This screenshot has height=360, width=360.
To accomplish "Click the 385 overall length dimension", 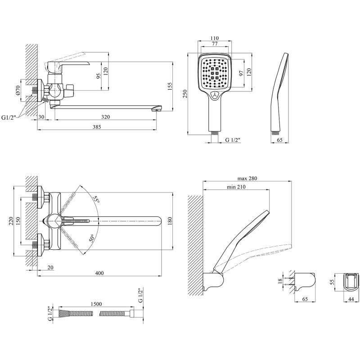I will pos(97,127).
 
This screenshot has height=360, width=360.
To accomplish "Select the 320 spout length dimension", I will pos(106,117).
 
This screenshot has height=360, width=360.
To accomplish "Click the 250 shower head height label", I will pos(184,93).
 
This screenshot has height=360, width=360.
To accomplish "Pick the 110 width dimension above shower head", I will pos(215,39).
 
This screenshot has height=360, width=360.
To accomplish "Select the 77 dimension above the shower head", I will pos(215,44).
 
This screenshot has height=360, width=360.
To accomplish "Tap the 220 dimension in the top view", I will pos(11,220).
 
